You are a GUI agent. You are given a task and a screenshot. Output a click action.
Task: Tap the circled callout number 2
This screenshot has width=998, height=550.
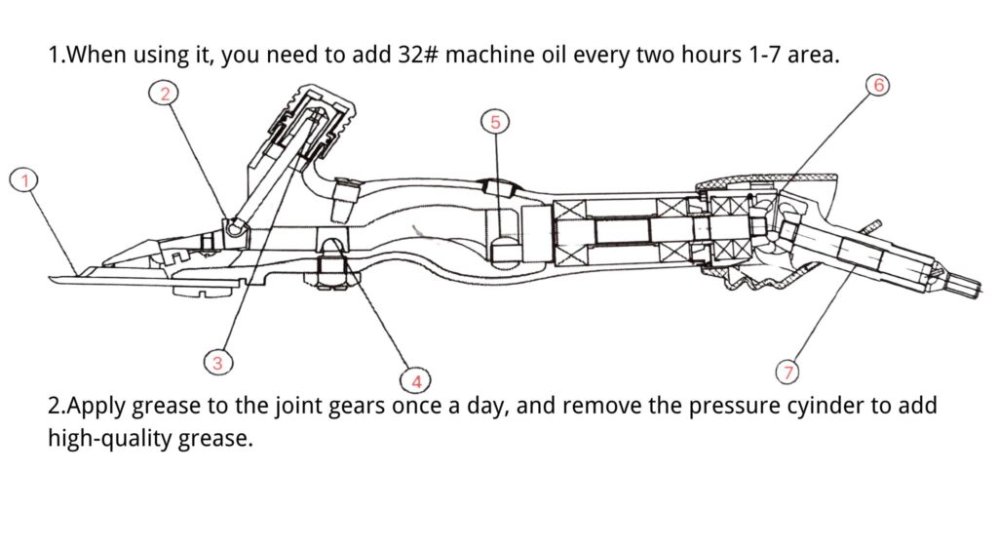165,93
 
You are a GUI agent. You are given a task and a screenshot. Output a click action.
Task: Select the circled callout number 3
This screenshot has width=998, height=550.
217,363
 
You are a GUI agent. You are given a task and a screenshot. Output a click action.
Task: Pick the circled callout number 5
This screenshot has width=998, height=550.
495,122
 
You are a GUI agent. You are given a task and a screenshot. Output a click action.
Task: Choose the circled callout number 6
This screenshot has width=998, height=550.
878,86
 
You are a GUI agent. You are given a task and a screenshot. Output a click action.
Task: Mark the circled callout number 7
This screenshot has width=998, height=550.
787,372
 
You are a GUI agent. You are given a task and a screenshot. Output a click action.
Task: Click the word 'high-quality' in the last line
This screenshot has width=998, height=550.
110,438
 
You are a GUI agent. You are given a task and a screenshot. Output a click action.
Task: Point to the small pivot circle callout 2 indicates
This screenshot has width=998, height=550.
233,226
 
